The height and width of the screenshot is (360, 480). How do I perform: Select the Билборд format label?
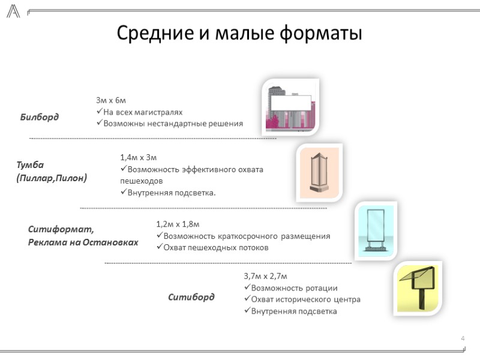coord(40,116)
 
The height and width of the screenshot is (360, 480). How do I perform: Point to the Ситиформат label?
coord(62,229)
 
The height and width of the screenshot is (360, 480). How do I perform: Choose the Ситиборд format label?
coord(191,297)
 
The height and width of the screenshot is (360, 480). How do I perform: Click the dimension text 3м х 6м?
coord(111,100)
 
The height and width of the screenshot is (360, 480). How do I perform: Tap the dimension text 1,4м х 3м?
coord(139,157)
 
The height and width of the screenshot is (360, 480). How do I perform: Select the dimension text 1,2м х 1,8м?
coord(178,224)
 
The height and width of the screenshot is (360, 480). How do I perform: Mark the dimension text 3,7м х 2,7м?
coord(266,276)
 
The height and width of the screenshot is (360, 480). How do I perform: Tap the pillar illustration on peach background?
coord(320,173)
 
